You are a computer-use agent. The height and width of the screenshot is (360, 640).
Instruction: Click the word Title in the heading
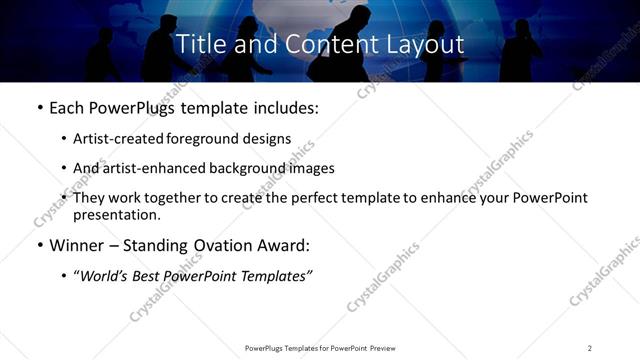coord(198,45)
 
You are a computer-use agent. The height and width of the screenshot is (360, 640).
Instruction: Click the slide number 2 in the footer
coord(590,348)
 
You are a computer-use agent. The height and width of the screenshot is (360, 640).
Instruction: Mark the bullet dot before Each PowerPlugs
coord(39,109)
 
